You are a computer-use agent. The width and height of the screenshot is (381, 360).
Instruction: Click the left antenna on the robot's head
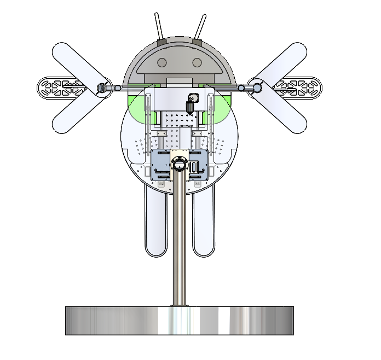[159, 26]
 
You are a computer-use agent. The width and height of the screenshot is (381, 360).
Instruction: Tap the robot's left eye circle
[162, 63]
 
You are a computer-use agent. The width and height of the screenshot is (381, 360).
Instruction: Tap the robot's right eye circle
[197, 63]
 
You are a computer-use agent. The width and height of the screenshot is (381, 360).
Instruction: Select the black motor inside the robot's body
[191, 103]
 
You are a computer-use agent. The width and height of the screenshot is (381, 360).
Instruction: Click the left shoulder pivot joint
[101, 88]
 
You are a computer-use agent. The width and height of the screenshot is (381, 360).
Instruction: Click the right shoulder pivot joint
[256, 87]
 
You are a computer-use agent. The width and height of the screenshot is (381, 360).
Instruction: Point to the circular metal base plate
[180, 321]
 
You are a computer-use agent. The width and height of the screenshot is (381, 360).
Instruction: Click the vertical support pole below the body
[180, 246]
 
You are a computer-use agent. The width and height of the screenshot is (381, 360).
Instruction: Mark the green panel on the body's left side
[134, 107]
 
